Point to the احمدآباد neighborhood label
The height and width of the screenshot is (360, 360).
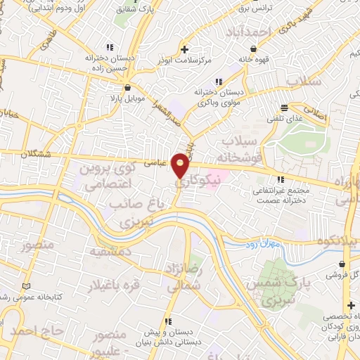249,32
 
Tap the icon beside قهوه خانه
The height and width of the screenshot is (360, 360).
252,49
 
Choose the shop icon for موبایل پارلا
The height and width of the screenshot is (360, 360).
127,89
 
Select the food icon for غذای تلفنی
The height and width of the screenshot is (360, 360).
284,108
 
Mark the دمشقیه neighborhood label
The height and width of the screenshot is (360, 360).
110,251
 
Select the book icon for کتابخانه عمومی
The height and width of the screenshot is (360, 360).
27,287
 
